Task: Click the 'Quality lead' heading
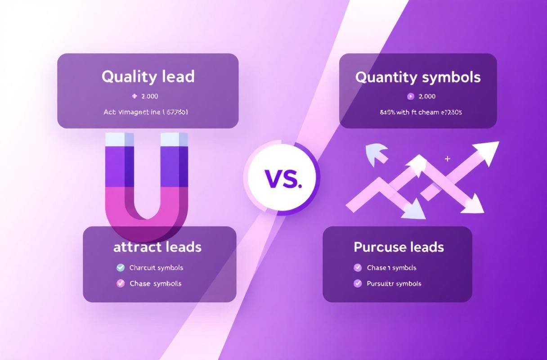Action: pos(148,76)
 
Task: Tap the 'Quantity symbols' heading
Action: pos(418,77)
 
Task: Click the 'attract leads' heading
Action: pos(157,247)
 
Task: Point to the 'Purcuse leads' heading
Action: pos(399,247)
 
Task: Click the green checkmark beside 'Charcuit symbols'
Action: pos(121,268)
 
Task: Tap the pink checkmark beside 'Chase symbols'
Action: pos(121,283)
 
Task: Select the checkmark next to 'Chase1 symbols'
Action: pos(358,268)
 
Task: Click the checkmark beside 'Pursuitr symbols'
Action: pos(358,283)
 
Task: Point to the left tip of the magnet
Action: pos(119,139)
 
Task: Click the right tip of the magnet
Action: pos(174,139)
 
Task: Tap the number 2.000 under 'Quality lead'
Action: pos(150,96)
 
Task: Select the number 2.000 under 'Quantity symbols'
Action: pos(427,96)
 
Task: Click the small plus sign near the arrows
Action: pos(447,159)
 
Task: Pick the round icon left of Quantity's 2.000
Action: pos(410,96)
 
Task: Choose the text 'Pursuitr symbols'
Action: pos(394,283)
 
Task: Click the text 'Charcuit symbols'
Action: pos(156,268)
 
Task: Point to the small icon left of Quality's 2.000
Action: pos(134,96)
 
